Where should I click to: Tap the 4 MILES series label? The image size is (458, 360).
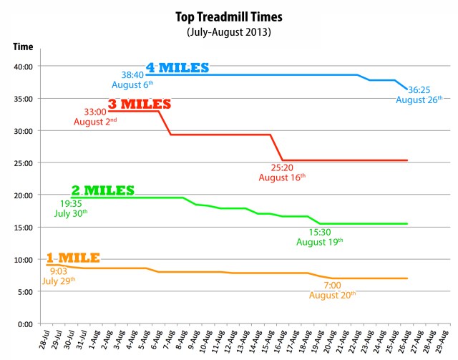click(177, 68)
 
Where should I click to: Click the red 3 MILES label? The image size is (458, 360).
click(140, 104)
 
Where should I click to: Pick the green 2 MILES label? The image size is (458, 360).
click(103, 190)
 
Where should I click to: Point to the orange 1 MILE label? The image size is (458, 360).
click(73, 257)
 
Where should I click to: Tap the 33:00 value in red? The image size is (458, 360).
click(95, 112)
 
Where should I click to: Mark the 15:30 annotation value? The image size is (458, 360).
click(319, 232)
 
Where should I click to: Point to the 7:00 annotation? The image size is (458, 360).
click(331, 284)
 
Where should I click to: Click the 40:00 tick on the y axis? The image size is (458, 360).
click(24, 67)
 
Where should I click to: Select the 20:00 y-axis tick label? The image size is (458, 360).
click(24, 195)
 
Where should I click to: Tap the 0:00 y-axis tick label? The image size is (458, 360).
click(26, 324)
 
